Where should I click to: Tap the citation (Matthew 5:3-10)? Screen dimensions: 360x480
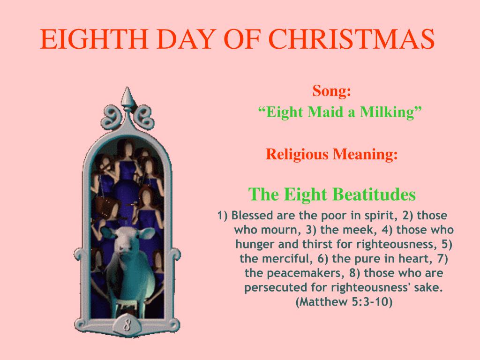pos(344,302)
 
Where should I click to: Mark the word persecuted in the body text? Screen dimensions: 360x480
pos(272,287)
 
